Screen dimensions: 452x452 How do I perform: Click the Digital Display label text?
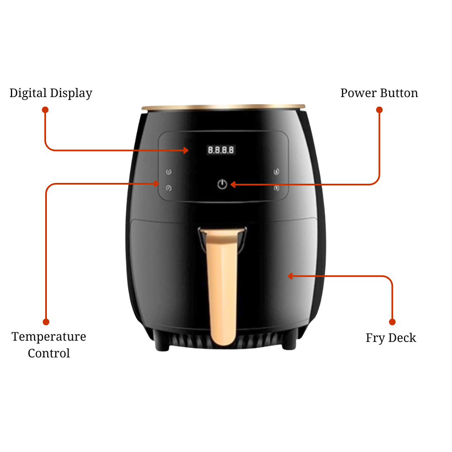pos(51,93)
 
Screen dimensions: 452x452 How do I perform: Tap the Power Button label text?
pos(379,93)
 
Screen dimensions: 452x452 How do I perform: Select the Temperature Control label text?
pos(49,345)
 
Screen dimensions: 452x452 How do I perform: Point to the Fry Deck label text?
pos(391,338)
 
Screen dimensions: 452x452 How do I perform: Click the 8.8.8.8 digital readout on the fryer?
pos(221,150)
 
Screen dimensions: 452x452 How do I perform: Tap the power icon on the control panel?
pos(222,184)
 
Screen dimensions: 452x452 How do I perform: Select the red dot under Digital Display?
pos(45,110)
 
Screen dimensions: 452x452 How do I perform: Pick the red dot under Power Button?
pos(379,110)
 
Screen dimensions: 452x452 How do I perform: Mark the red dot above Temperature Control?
pos(46,322)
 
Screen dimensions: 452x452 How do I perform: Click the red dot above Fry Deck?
pos(392,322)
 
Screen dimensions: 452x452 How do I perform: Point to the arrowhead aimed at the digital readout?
pos(186,150)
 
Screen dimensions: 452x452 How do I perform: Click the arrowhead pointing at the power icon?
pos(233,185)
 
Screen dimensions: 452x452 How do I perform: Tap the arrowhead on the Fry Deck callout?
pos(290,276)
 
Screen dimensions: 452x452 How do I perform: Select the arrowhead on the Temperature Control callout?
pos(157,184)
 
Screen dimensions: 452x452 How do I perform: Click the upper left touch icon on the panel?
pos(169,172)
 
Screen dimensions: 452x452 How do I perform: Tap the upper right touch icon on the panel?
pos(277,172)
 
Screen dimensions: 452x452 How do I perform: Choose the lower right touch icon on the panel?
pos(277,188)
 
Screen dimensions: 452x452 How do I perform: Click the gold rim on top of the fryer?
pos(223,107)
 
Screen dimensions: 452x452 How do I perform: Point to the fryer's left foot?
pos(162,345)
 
